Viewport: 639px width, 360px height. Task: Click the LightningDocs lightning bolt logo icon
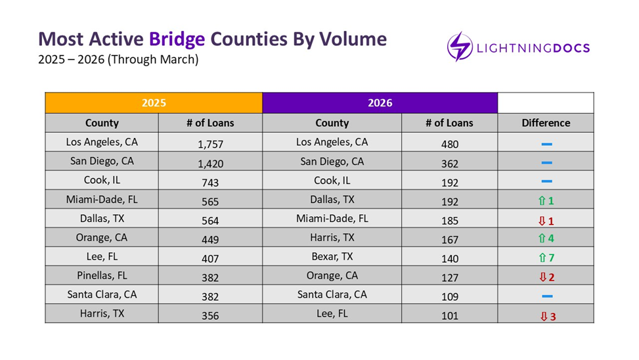[x=460, y=47]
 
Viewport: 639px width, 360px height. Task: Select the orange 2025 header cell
[x=153, y=103]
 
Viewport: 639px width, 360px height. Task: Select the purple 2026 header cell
[x=380, y=103]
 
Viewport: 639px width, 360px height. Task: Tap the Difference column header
[x=546, y=123]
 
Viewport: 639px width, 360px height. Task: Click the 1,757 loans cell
[x=210, y=144]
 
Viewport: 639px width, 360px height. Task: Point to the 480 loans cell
[x=450, y=144]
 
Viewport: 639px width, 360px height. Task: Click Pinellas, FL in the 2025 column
[x=101, y=275]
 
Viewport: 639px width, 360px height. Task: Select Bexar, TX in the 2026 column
[x=332, y=256]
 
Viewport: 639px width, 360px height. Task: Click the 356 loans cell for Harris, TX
[x=210, y=316]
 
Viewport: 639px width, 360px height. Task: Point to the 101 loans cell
[x=450, y=316]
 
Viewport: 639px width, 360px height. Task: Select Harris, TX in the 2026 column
[x=332, y=237]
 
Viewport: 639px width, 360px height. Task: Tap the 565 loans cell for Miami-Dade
[x=210, y=202]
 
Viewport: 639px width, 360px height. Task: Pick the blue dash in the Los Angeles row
[x=546, y=144]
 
